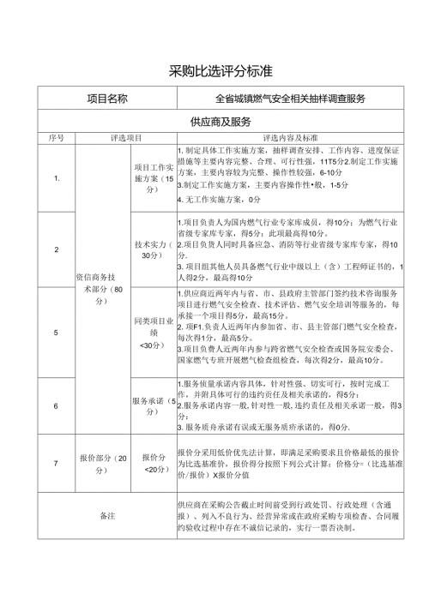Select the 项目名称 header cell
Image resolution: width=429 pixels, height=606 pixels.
click(107, 99)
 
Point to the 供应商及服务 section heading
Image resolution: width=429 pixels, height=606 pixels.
click(214, 123)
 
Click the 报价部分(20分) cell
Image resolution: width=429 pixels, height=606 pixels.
click(103, 463)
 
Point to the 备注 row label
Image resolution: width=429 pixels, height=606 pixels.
click(107, 516)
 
